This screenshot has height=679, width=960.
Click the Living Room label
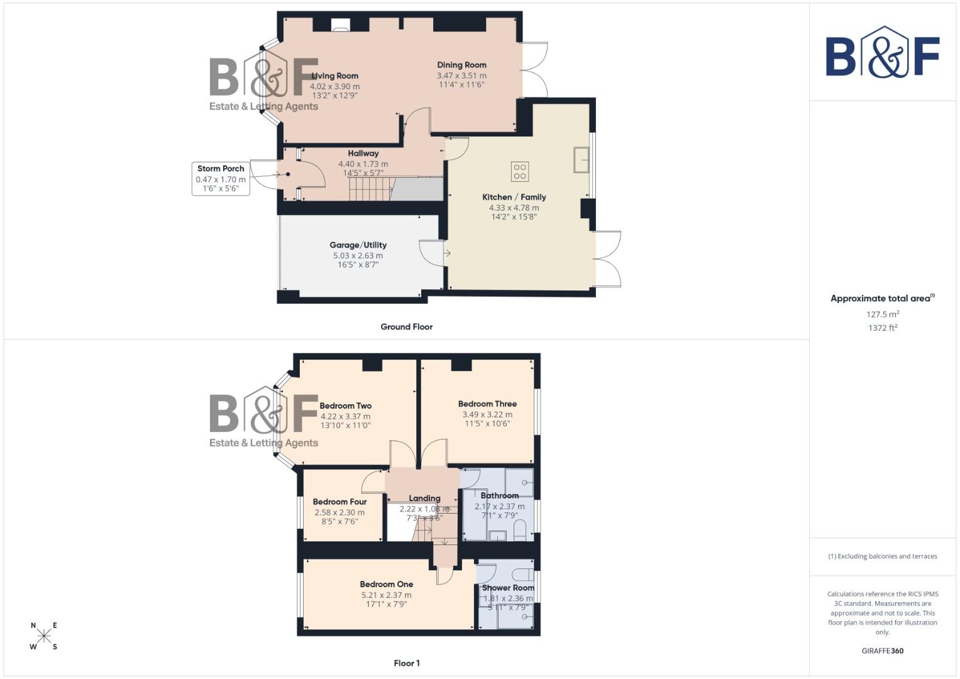(x=334, y=75)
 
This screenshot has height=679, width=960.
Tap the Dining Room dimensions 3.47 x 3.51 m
(x=461, y=75)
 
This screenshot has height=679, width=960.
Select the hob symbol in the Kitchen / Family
(x=520, y=171)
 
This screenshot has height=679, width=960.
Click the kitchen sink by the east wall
(x=580, y=160)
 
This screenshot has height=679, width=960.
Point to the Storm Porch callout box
(x=221, y=178)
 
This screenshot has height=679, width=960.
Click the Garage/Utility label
(x=358, y=245)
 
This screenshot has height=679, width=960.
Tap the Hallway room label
(x=363, y=153)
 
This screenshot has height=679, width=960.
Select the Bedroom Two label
(x=346, y=406)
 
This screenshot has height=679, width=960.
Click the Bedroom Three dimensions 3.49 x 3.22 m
(x=487, y=414)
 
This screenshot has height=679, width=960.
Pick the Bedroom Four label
(x=339, y=502)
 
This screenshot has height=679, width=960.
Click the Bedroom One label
(x=387, y=584)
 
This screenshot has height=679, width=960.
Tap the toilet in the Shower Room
(x=521, y=574)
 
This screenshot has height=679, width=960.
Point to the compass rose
(x=44, y=636)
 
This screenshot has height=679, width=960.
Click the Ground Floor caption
(x=406, y=327)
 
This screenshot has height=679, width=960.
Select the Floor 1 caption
(x=407, y=663)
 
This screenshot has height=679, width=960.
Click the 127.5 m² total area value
(x=882, y=314)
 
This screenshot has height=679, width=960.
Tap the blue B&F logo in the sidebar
(x=882, y=53)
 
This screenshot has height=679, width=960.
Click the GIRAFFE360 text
(x=882, y=651)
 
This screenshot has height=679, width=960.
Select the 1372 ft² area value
(x=882, y=328)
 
